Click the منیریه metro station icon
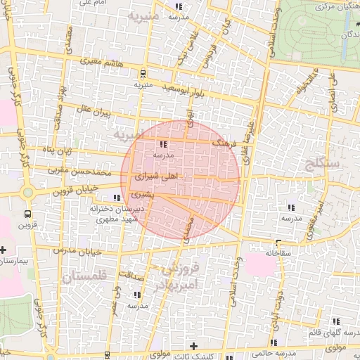143,73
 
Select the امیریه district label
133,134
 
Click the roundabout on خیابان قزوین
28,193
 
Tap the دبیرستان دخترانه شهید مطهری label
116,214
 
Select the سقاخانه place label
279,251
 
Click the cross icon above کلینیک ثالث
194,345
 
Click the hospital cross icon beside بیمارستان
4,250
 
